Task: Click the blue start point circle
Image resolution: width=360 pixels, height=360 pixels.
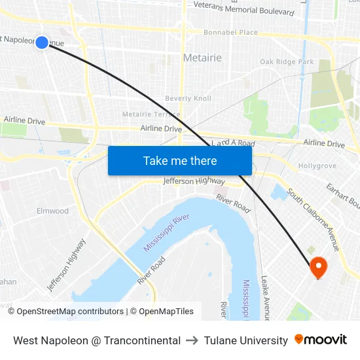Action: [42, 43]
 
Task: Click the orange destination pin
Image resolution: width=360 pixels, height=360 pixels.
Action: [318, 266]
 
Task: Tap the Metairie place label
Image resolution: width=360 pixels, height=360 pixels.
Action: [202, 58]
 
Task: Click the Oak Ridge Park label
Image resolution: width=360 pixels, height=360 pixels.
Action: [287, 62]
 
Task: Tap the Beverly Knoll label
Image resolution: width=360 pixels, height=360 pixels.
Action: [188, 99]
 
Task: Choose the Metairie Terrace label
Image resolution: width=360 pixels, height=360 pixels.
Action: [151, 115]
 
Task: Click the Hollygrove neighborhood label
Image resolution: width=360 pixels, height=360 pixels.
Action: [317, 166]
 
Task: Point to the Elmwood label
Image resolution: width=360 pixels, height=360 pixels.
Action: [52, 211]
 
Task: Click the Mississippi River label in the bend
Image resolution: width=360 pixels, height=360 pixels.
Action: [166, 232]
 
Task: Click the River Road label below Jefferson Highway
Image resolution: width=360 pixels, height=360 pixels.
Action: [233, 204]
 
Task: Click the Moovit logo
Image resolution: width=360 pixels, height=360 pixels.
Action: [321, 340]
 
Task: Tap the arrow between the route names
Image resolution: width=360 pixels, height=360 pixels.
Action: [192, 340]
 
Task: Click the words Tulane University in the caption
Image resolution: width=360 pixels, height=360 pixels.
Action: [245, 340]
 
